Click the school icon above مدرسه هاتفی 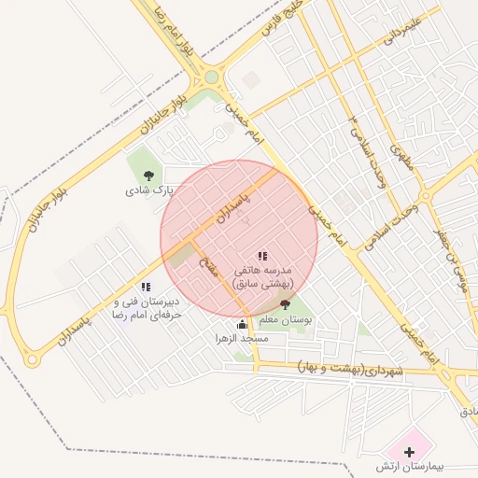(x=262, y=255)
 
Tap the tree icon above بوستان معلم (x=285, y=303)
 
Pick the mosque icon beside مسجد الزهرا (x=243, y=324)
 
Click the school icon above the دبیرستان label (x=145, y=288)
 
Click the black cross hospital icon (x=409, y=451)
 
